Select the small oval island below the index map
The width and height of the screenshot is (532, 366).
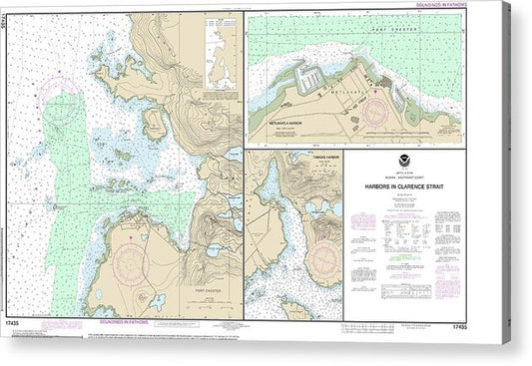coord(155,123)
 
